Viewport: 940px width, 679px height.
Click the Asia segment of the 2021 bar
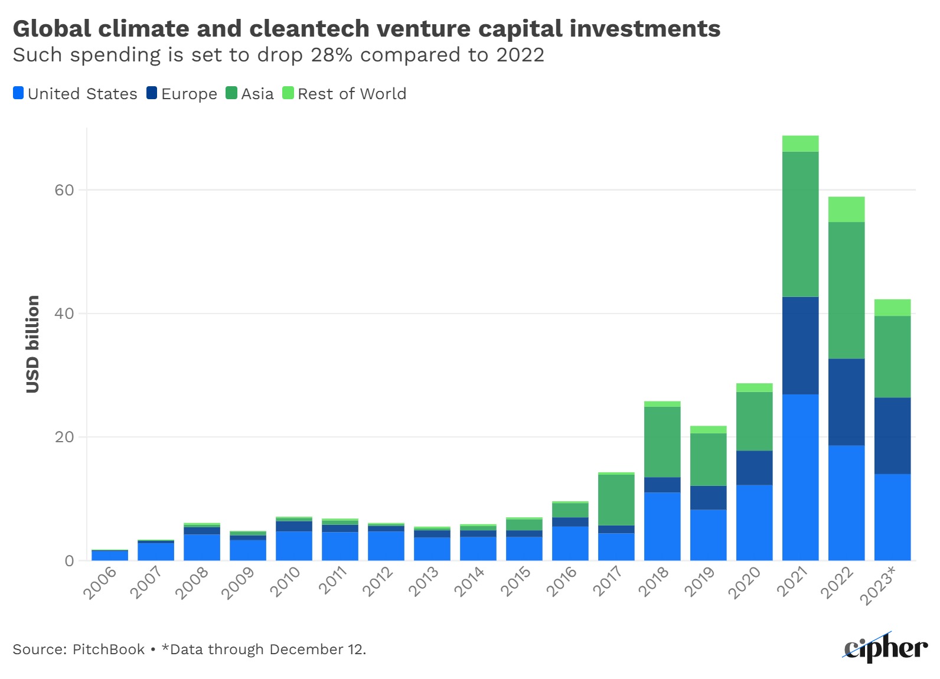click(800, 224)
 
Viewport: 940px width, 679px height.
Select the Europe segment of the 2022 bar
click(846, 402)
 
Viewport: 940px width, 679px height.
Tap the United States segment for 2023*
click(892, 517)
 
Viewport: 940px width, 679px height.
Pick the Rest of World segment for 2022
click(846, 210)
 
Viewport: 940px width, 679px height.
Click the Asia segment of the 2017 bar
click(616, 500)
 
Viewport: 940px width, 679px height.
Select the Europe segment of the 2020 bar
click(754, 468)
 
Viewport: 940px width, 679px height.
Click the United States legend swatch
click(18, 93)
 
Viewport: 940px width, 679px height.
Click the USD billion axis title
click(32, 344)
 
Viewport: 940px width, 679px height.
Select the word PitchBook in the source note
click(108, 649)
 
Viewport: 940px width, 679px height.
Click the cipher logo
click(885, 648)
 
